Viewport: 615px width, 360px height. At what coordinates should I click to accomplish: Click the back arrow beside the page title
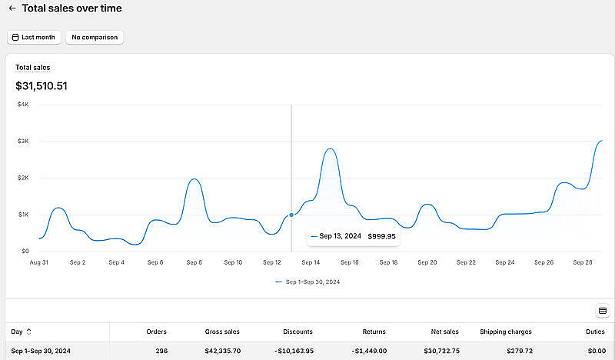12,8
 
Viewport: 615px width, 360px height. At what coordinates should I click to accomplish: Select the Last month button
33,37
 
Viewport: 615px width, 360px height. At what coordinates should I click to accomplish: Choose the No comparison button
94,37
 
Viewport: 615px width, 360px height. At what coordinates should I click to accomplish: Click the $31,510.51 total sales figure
42,86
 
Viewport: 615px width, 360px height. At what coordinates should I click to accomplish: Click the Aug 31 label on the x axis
38,262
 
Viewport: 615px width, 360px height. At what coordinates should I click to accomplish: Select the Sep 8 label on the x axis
194,262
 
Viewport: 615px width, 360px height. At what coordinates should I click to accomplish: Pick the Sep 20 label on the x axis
427,262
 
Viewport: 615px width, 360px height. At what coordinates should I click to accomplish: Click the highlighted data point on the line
291,215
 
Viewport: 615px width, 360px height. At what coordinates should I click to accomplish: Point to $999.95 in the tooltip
381,236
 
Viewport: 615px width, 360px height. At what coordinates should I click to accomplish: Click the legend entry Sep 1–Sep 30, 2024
307,282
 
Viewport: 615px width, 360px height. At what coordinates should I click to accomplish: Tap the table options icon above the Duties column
602,311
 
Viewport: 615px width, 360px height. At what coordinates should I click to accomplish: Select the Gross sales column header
221,332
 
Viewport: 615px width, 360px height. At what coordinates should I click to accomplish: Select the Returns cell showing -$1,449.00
369,351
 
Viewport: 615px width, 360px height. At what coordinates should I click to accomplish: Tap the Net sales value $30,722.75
440,351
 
